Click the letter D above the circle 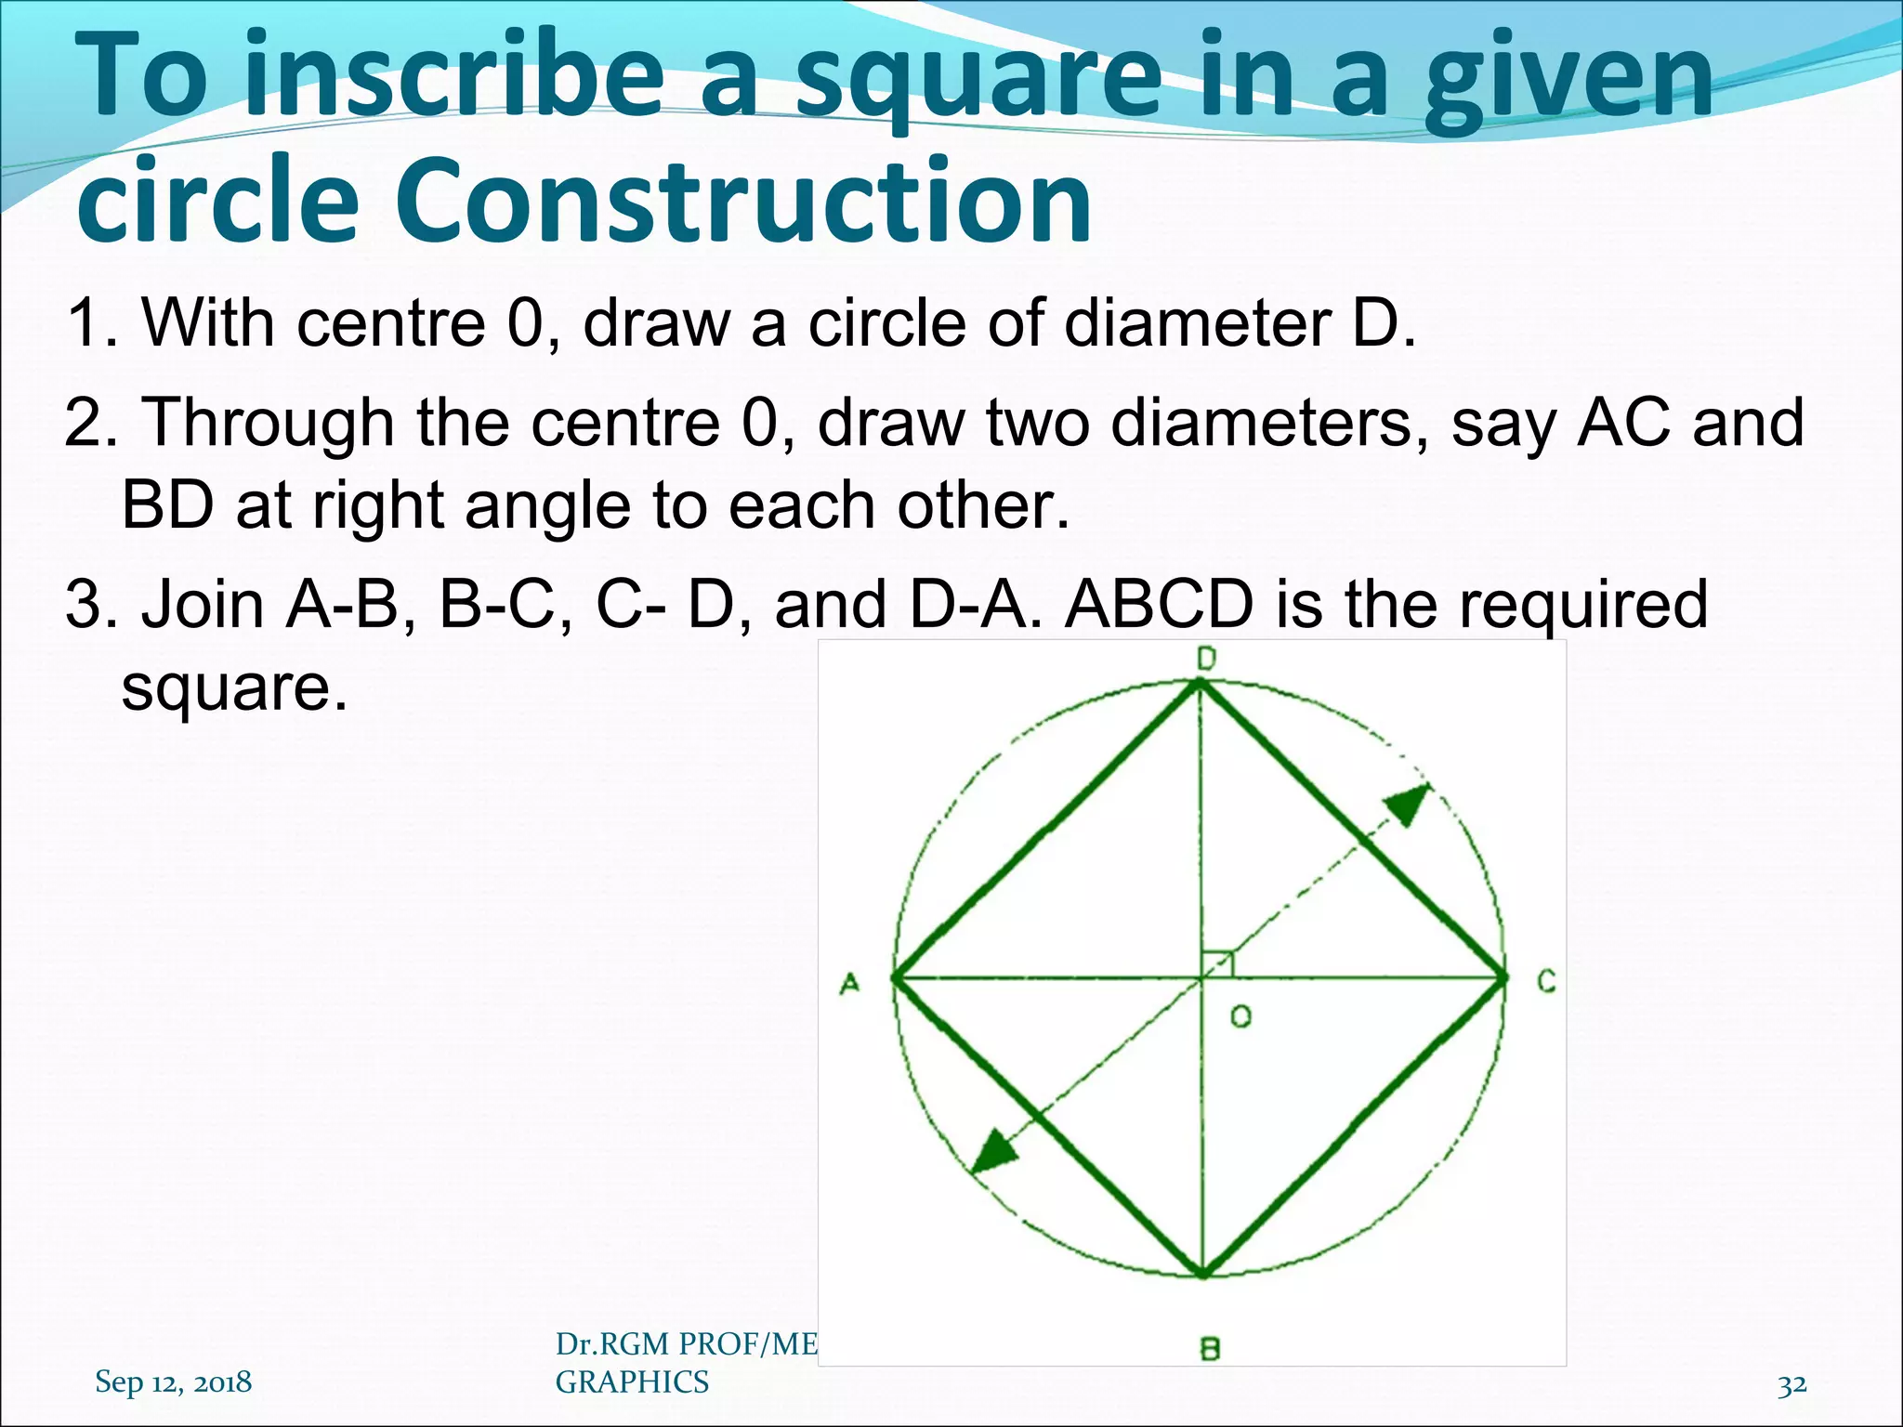click(x=1206, y=660)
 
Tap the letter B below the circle click(x=1210, y=1348)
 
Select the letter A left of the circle click(x=849, y=983)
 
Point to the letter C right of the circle click(x=1546, y=981)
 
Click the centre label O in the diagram click(x=1240, y=1016)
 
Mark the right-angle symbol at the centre click(x=1218, y=963)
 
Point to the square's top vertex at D click(x=1200, y=685)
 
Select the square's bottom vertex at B click(x=1203, y=1274)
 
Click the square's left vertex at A click(x=895, y=977)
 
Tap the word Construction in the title click(x=743, y=201)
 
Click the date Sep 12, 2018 click(x=173, y=1381)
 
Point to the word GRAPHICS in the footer click(x=632, y=1382)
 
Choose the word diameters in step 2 click(x=1269, y=423)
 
